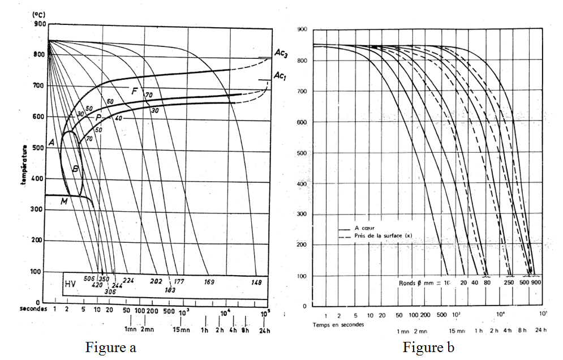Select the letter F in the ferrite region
[x=135, y=91]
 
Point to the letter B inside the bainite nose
[x=75, y=169]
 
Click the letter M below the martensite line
[x=65, y=202]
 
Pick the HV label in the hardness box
[x=70, y=283]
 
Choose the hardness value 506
[x=88, y=279]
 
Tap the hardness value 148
[x=257, y=282]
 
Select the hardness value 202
[x=156, y=281]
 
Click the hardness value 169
[x=209, y=281]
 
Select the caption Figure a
[x=110, y=347]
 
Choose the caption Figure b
[x=428, y=347]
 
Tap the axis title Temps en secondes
[x=338, y=325]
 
